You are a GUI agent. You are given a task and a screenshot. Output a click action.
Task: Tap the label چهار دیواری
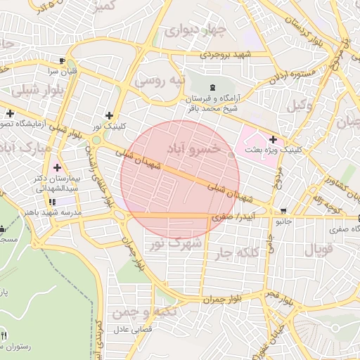(x=193, y=31)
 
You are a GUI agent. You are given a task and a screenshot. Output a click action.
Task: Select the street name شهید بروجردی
(x=227, y=53)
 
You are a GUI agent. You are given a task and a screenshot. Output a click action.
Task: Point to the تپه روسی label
(x=160, y=80)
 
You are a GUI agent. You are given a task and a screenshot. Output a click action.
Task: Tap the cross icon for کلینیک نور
(x=108, y=115)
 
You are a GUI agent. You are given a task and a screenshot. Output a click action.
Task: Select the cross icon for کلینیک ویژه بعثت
(x=272, y=139)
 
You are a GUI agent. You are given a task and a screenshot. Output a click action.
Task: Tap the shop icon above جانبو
(x=283, y=211)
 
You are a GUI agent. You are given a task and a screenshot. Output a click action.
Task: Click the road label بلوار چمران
(x=226, y=299)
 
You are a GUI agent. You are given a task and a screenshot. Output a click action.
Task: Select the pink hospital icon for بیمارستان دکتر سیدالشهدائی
(x=56, y=169)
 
